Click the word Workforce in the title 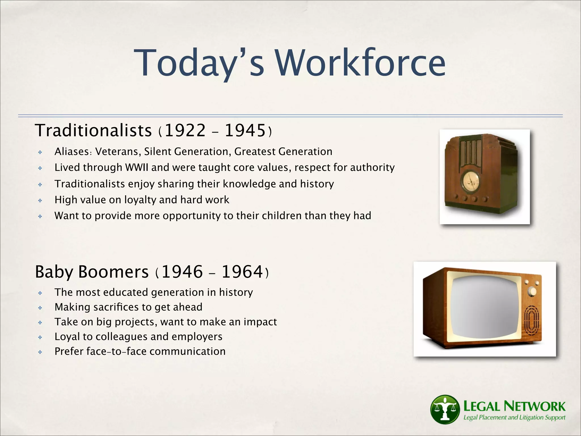click(360, 63)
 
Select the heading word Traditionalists click(93, 131)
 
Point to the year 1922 click(185, 131)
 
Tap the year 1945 click(245, 131)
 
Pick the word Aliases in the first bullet click(72, 152)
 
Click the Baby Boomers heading click(92, 272)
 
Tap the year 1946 click(182, 272)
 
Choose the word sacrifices click(123, 307)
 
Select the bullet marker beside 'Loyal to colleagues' click(40, 337)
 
